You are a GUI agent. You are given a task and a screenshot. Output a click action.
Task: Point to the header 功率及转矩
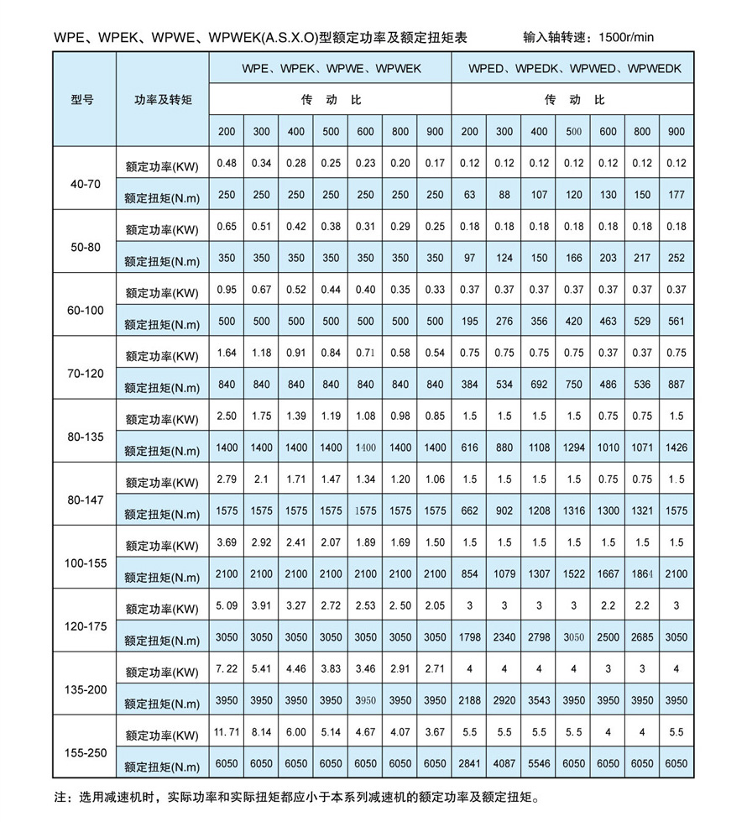(x=163, y=99)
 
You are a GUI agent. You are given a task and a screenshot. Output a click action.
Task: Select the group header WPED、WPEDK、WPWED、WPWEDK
(x=574, y=68)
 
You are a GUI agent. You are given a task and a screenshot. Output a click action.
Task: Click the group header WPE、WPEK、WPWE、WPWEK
(x=332, y=68)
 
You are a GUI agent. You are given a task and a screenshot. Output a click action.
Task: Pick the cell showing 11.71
(x=227, y=732)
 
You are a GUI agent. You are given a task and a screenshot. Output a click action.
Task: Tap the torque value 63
(x=469, y=195)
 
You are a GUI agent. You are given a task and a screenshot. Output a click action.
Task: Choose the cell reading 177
(x=676, y=195)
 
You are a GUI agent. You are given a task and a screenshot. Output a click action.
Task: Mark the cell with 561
(x=676, y=321)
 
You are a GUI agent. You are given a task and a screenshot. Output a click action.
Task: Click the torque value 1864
(x=642, y=573)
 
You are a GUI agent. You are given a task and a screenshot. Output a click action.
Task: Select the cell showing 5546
(x=538, y=763)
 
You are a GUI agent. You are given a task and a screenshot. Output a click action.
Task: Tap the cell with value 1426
(x=676, y=448)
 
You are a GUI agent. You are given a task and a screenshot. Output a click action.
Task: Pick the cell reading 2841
(x=469, y=763)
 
